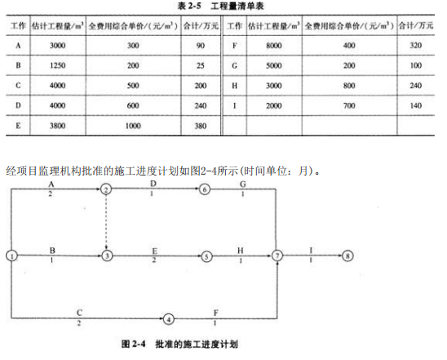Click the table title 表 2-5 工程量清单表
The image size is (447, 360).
pos(220,6)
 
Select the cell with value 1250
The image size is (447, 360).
pos(58,65)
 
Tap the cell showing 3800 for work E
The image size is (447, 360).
pos(58,126)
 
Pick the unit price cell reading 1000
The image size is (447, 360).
pos(133,126)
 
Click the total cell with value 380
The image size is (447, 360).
pos(201,126)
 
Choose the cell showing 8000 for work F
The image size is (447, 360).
pos(274,46)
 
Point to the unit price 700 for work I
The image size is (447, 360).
pos(349,105)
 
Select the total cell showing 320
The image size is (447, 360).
pos(416,46)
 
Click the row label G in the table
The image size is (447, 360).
pos(234,65)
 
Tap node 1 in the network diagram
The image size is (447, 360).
pos(11,256)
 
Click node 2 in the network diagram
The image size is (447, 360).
pos(106,189)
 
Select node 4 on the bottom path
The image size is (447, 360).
pos(169,319)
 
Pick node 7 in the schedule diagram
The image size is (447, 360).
pos(277,256)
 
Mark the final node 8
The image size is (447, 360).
pos(347,256)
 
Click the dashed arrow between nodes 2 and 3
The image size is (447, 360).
pos(106,223)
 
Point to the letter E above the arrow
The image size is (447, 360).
pos(154,251)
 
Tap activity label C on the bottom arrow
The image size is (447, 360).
pos(79,313)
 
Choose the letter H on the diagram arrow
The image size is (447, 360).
pos(241,251)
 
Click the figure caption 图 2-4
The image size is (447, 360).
pos(133,344)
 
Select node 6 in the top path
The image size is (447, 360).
pos(204,189)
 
